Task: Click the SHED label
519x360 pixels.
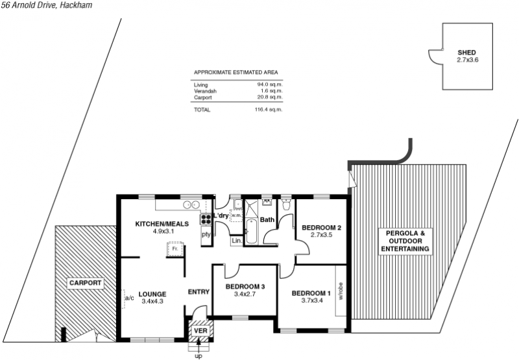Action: pos(466,53)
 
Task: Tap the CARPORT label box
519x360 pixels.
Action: pos(86,283)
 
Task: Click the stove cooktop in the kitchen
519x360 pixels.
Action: pos(206,219)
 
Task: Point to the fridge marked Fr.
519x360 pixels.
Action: pos(175,248)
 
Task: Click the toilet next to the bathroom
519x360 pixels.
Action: pos(286,204)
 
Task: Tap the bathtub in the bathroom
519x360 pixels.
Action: pos(252,232)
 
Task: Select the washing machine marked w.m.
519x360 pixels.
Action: pos(236,215)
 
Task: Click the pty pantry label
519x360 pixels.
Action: pos(206,235)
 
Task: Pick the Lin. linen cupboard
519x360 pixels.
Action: pos(237,241)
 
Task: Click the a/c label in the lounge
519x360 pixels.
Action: pos(129,298)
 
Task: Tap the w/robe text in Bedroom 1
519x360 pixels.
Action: pos(341,291)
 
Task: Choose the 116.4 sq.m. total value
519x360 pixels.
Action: pos(269,110)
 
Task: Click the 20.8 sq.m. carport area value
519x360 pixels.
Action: pos(270,97)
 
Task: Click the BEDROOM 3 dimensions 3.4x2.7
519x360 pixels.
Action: pos(245,294)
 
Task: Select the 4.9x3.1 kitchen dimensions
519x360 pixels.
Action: pos(163,232)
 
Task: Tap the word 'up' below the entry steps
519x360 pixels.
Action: pos(199,356)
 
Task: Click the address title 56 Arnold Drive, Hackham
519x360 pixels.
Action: pos(47,5)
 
